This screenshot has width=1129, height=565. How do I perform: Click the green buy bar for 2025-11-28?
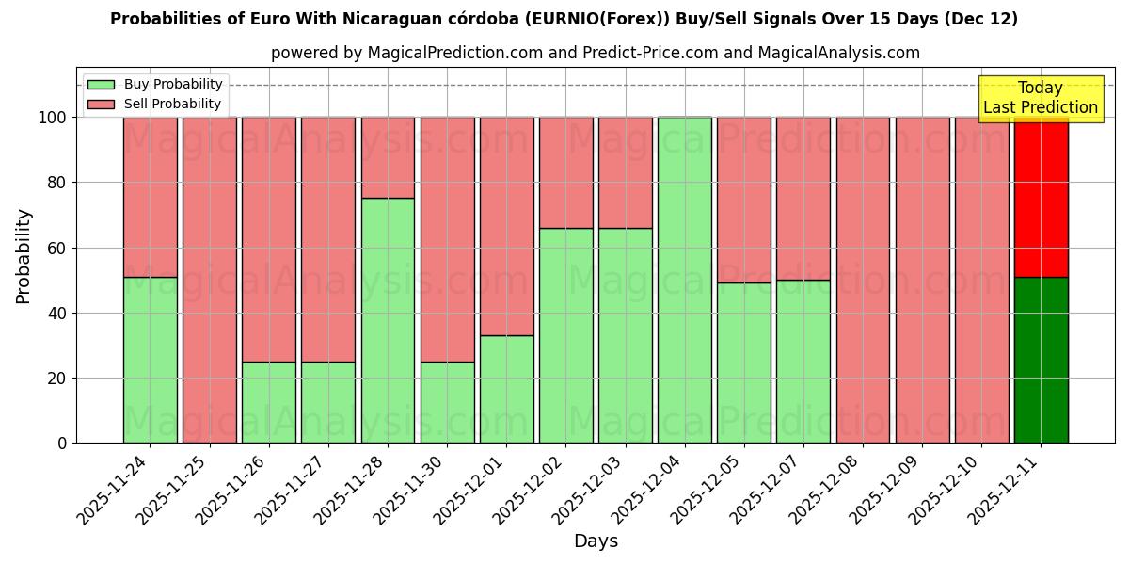pyautogui.click(x=388, y=320)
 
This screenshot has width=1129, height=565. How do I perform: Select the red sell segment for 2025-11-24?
pyautogui.click(x=151, y=197)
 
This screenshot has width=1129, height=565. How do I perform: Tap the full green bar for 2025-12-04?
pyautogui.click(x=685, y=280)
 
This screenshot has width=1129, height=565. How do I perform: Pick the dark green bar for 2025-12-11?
pyautogui.click(x=1041, y=360)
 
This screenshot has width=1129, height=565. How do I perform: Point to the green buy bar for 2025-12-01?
pyautogui.click(x=507, y=389)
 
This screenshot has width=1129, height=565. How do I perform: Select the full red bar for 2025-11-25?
pyautogui.click(x=210, y=280)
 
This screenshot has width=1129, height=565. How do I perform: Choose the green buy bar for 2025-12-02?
pyautogui.click(x=566, y=335)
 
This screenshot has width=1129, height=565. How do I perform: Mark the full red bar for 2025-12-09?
pyautogui.click(x=922, y=280)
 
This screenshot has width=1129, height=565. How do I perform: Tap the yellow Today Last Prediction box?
pyautogui.click(x=1041, y=98)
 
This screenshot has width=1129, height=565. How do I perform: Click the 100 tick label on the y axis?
pyautogui.click(x=52, y=118)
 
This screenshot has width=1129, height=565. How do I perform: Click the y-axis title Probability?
pyautogui.click(x=24, y=256)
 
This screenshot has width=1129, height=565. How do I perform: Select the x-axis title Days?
pyautogui.click(x=596, y=541)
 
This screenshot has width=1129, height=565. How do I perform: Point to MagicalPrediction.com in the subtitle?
pyautogui.click(x=452, y=54)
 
